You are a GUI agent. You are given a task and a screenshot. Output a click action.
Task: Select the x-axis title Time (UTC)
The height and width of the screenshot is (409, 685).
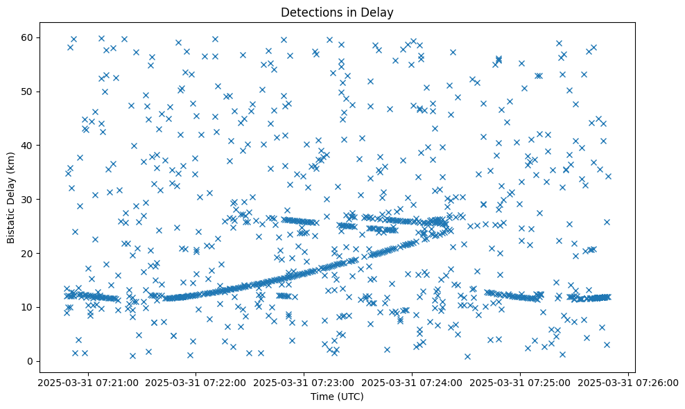pyautogui.click(x=337, y=397)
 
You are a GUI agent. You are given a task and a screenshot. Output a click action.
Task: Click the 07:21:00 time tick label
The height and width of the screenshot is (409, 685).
pyautogui.click(x=88, y=382)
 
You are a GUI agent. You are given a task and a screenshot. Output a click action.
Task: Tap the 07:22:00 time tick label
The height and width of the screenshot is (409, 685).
pyautogui.click(x=196, y=382)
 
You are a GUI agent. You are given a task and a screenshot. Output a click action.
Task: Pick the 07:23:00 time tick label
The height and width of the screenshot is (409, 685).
pyautogui.click(x=304, y=382)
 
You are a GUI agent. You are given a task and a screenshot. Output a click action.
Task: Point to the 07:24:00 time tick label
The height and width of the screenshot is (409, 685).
pyautogui.click(x=413, y=382)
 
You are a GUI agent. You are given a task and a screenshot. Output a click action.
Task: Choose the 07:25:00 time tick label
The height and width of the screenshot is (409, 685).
pyautogui.click(x=521, y=382)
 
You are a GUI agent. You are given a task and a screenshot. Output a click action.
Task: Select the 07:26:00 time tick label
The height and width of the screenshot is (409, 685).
pyautogui.click(x=628, y=382)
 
